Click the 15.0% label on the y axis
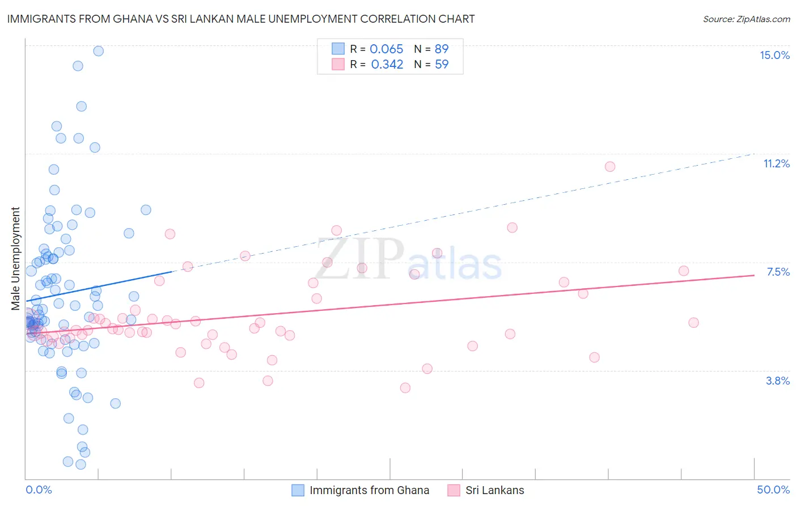click(774, 55)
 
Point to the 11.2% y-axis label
click(776, 163)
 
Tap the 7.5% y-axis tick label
click(778, 272)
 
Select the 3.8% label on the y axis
click(778, 381)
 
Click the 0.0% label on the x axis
click(39, 490)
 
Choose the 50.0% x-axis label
click(773, 490)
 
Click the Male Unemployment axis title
click(15, 259)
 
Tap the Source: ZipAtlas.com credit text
click(746, 19)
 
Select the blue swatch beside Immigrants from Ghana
click(298, 490)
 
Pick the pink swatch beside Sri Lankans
click(453, 490)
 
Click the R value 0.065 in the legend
click(386, 49)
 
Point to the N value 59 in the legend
click(442, 64)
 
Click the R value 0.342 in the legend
click(387, 64)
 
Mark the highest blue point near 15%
click(98, 51)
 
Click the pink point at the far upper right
click(610, 166)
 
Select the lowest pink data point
click(405, 388)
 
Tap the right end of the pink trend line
click(754, 275)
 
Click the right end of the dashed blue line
click(754, 153)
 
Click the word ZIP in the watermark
click(359, 259)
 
